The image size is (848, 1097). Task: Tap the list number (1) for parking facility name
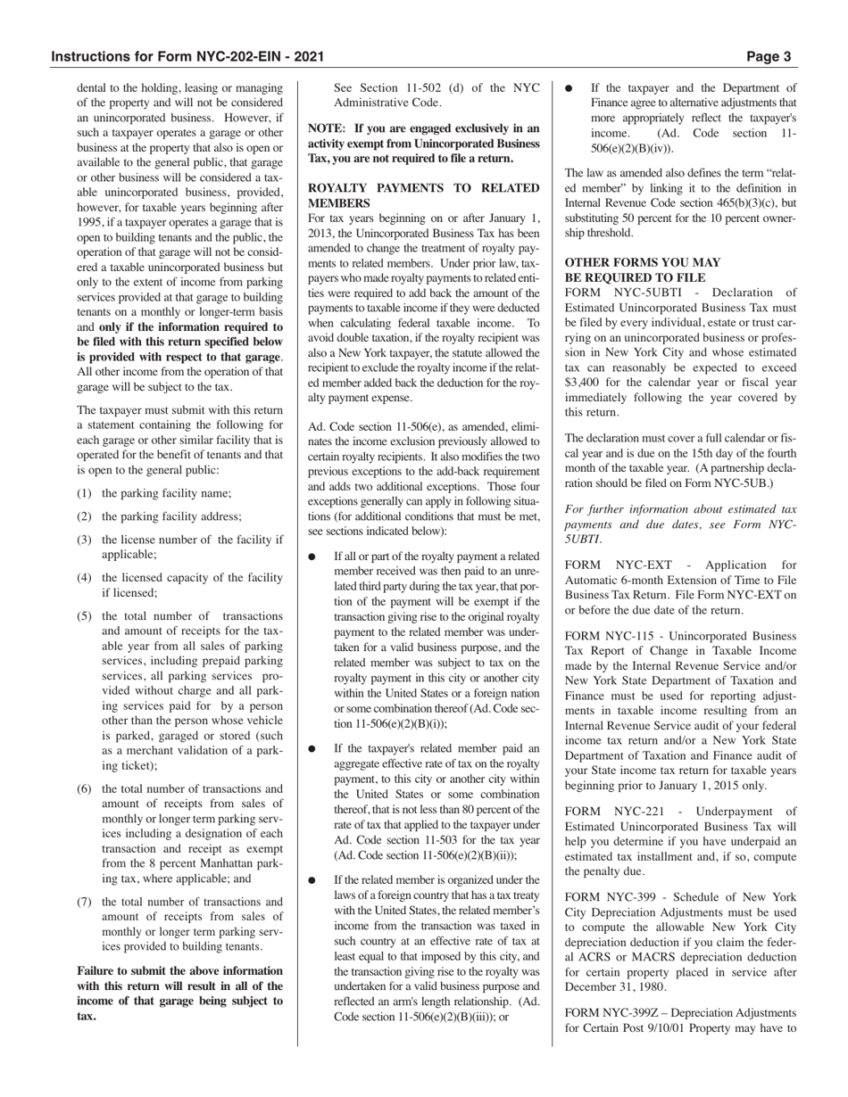point(85,493)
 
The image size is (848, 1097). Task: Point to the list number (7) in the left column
point(85,902)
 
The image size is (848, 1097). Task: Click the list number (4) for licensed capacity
point(85,578)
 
